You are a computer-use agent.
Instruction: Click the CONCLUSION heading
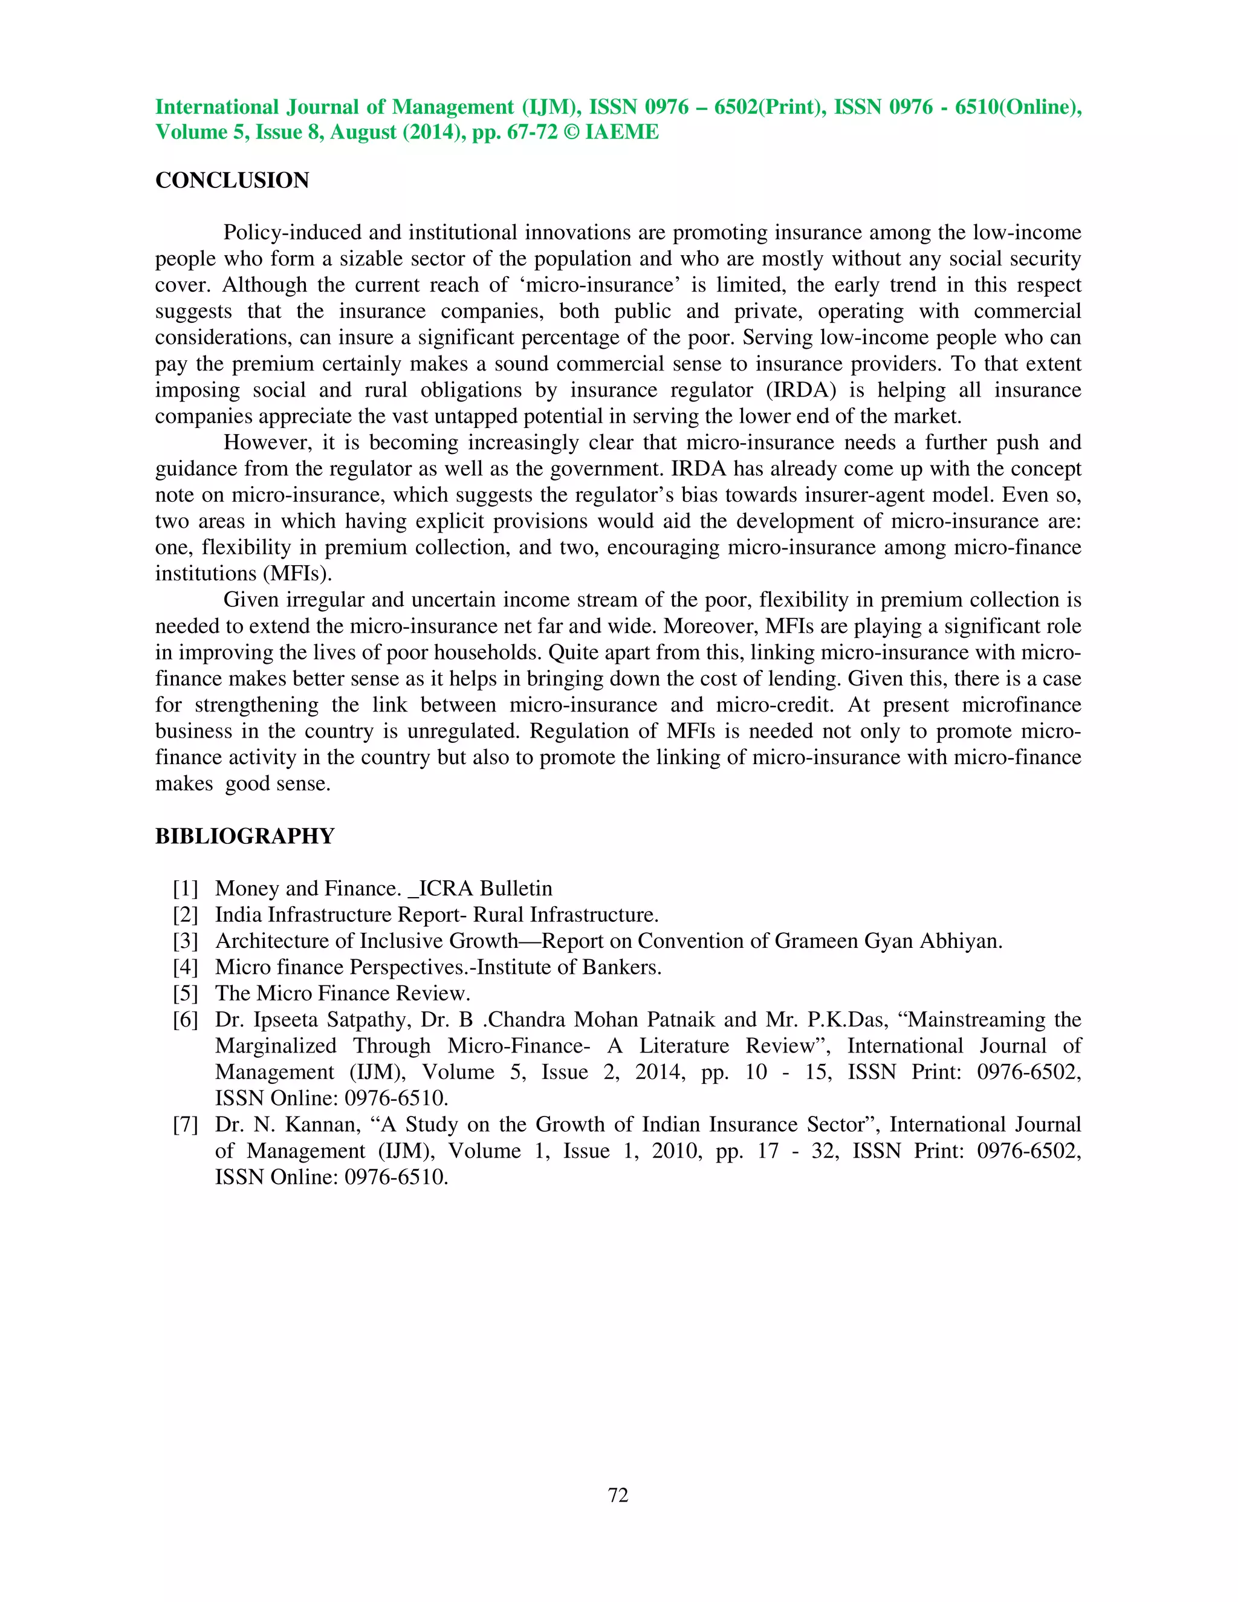tap(232, 180)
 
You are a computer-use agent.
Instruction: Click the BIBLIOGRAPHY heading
tap(244, 836)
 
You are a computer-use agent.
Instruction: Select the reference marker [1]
tap(186, 888)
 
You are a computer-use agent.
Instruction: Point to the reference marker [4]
tap(186, 967)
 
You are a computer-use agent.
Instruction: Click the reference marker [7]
tap(186, 1124)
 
